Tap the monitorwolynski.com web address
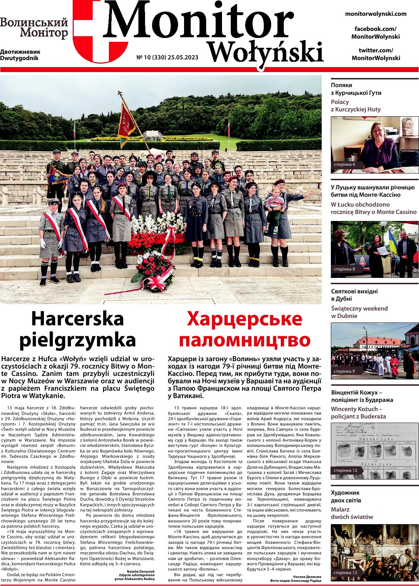tap(376, 14)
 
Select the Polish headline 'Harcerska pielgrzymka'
tap(78, 329)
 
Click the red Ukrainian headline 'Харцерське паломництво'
tap(244, 329)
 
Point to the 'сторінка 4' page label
tap(344, 164)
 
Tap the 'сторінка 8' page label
tap(344, 269)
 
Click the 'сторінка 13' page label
tap(345, 573)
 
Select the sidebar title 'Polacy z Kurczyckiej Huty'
tap(355, 106)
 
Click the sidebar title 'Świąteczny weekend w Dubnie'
tap(359, 312)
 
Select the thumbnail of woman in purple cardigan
tap(375, 144)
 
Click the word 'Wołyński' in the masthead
tap(266, 52)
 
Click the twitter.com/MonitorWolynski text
tap(376, 54)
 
